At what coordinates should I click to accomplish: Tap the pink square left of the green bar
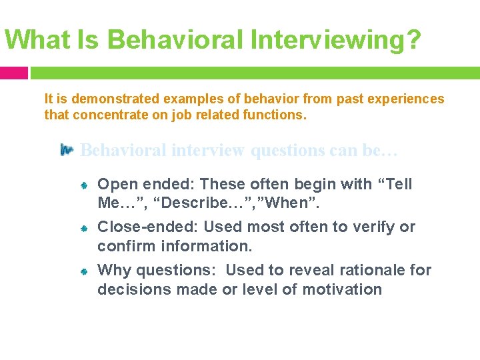(x=13, y=72)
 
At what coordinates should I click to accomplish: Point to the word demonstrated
(x=115, y=99)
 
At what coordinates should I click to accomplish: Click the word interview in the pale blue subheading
(x=209, y=150)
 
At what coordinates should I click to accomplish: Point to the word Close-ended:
(x=148, y=227)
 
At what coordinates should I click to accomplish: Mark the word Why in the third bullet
(x=113, y=270)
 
